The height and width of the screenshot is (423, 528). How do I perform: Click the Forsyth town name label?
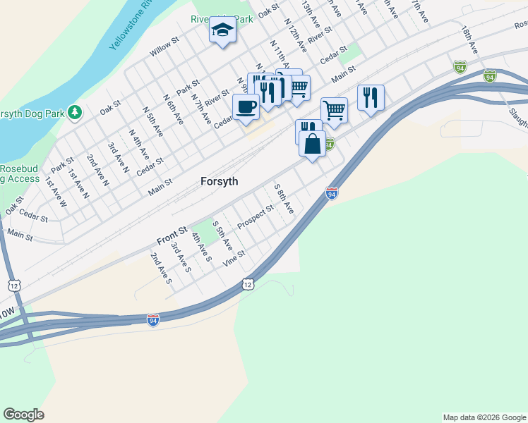coord(219,181)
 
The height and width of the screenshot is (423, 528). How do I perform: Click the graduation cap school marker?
coord(222,31)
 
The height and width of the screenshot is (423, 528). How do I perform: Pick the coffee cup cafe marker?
coord(246,107)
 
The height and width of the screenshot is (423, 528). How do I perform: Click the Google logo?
coord(23,415)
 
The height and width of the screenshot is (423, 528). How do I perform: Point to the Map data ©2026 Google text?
coord(484,417)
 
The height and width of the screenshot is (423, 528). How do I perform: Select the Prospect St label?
coord(255,216)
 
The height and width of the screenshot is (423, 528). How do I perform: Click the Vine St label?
coord(234,258)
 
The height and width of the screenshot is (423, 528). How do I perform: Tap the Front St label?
coord(172,235)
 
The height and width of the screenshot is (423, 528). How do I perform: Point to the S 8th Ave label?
coord(283,200)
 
